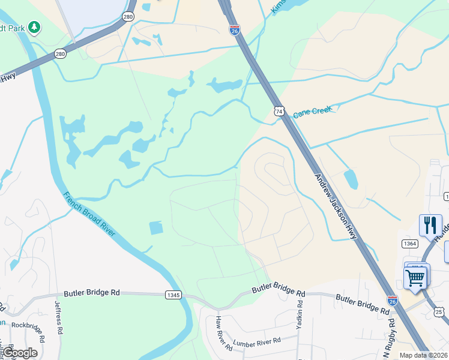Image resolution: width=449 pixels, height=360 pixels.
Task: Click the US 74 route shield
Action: pos(279,110)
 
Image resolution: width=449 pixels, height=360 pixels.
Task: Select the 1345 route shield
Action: pos(173,295)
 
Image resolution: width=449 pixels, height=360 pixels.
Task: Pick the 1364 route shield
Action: pos(410,243)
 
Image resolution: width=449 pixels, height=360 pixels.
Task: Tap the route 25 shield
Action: pos(439,312)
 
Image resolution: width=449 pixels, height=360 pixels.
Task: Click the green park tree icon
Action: pos(35,27)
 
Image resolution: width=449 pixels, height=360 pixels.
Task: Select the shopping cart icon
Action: pos(415,278)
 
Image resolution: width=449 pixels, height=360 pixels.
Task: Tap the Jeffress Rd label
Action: pos(59,317)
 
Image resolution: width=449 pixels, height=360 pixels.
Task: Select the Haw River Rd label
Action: pos(224,333)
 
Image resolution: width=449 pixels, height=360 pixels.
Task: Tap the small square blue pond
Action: pos(155,228)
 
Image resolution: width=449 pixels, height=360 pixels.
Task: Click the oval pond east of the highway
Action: pos(351,179)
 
